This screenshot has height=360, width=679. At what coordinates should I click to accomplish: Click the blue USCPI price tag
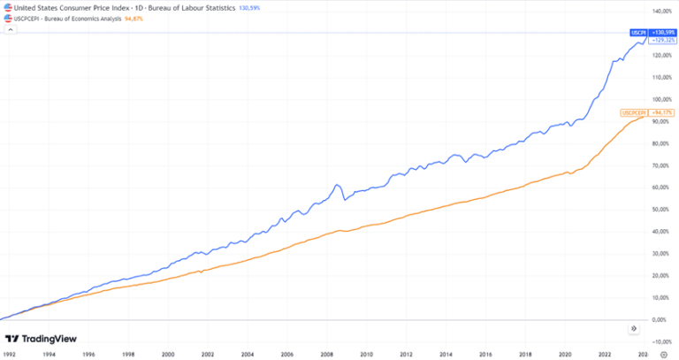637,32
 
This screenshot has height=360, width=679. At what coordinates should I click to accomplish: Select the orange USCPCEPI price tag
635,113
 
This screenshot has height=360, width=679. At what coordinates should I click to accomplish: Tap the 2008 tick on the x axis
325,354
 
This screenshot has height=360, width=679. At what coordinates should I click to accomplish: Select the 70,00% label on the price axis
662,166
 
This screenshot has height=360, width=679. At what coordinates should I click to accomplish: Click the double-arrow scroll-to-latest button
633,328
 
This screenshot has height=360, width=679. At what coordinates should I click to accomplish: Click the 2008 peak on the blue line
338,185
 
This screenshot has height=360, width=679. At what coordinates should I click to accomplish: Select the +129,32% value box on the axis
663,40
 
